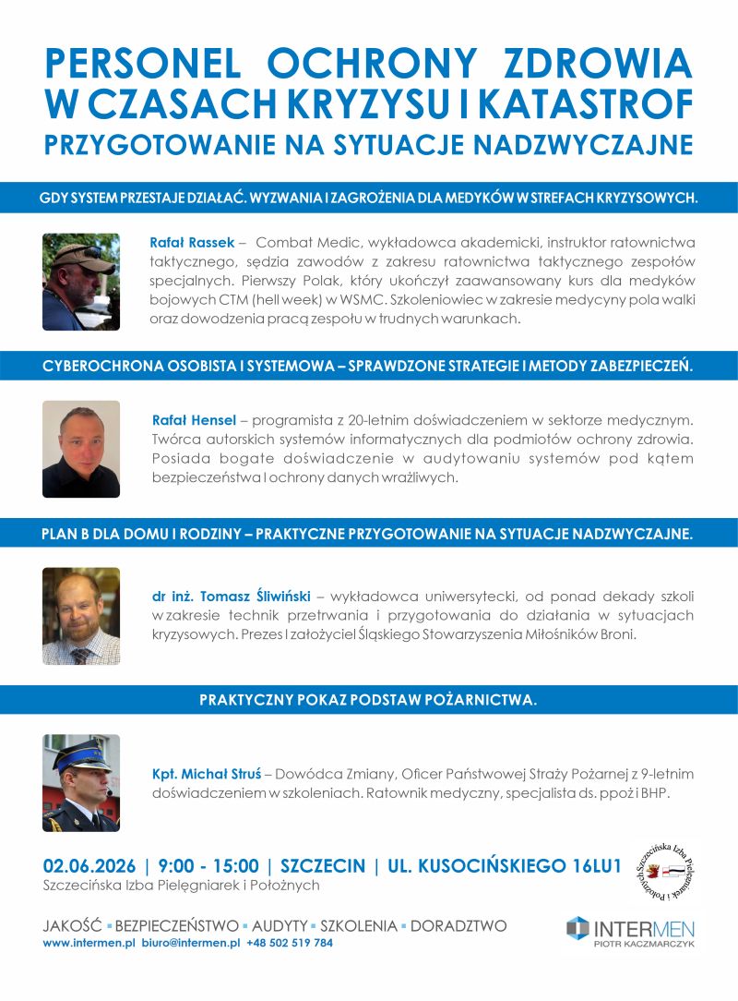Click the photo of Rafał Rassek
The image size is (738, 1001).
tap(81, 282)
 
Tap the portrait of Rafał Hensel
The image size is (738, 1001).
tap(81, 449)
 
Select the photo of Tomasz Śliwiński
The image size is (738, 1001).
tap(81, 616)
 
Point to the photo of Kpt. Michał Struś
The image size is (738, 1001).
tap(81, 783)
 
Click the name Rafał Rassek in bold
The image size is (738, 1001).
tap(191, 243)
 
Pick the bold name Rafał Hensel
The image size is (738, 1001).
tap(195, 419)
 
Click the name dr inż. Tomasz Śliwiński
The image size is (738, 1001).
tap(232, 596)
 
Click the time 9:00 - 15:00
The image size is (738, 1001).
tap(208, 866)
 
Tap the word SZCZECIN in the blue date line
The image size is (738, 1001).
tap(322, 866)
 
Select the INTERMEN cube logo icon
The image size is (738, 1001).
tap(577, 928)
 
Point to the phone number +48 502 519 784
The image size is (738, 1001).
tap(290, 944)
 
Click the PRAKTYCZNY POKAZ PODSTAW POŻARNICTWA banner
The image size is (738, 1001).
tap(368, 700)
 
